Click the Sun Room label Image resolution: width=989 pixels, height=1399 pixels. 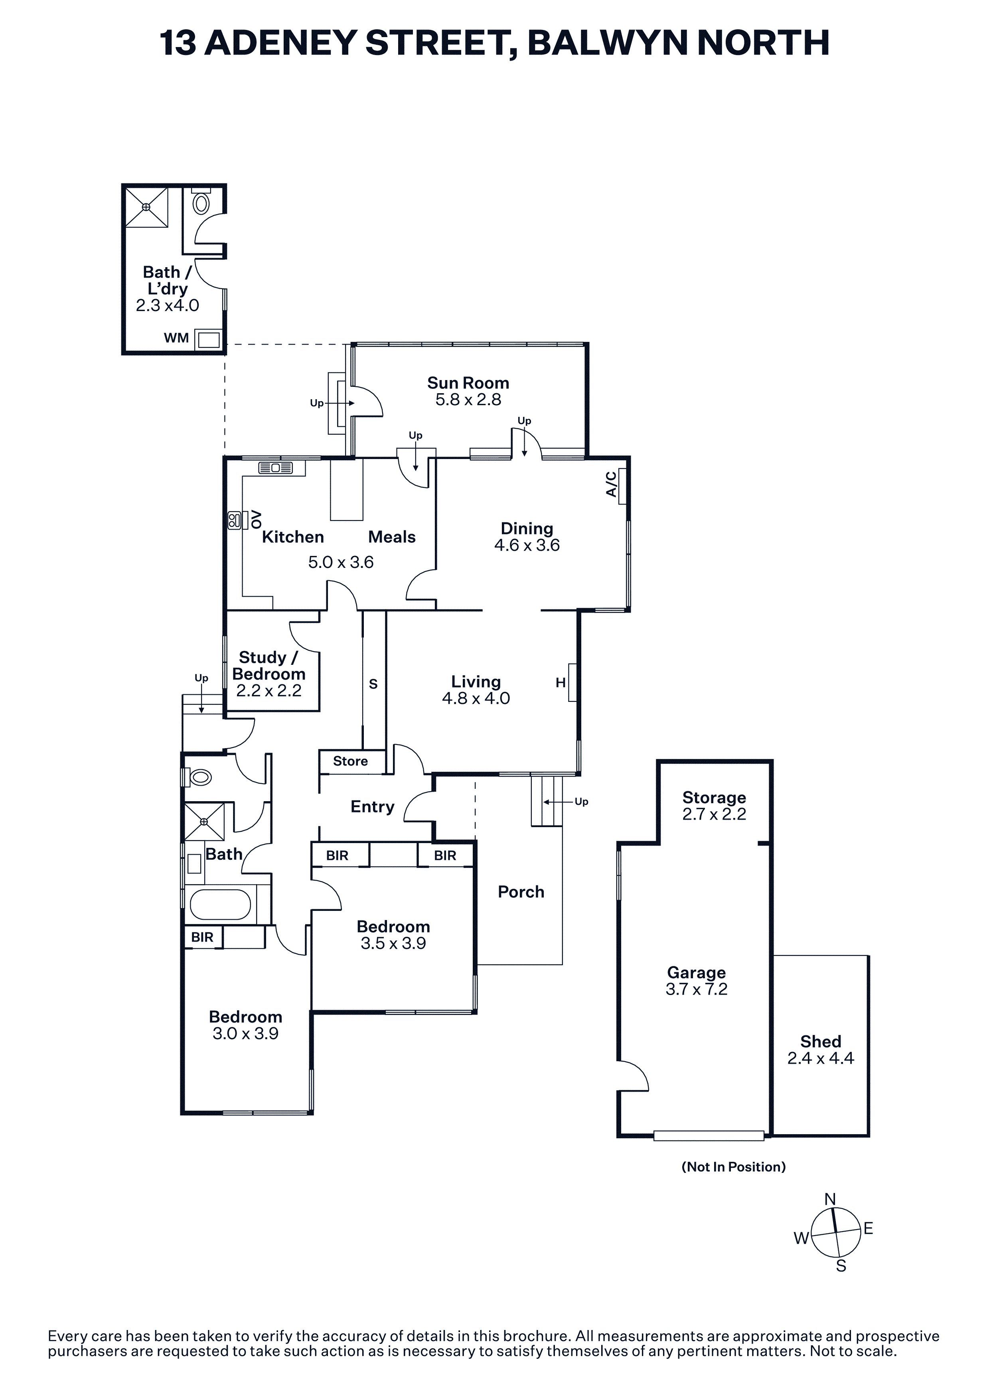click(x=468, y=383)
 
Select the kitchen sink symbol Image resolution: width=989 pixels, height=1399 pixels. click(x=275, y=468)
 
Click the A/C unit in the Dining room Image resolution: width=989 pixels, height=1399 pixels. click(x=622, y=486)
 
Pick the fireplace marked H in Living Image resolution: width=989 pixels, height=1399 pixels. click(x=572, y=682)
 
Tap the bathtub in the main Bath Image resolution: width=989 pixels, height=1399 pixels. click(x=220, y=904)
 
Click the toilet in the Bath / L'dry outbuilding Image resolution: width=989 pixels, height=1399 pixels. click(x=201, y=203)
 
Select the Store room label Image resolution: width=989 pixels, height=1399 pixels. click(x=350, y=761)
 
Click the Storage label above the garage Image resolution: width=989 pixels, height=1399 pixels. click(x=714, y=798)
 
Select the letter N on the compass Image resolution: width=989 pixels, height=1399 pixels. click(x=830, y=1199)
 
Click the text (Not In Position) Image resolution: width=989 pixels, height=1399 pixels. click(x=733, y=1167)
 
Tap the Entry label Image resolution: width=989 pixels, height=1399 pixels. click(x=372, y=807)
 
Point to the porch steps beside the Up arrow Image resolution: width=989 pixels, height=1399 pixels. click(x=546, y=801)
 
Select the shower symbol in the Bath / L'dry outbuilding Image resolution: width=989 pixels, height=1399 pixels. click(x=146, y=207)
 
